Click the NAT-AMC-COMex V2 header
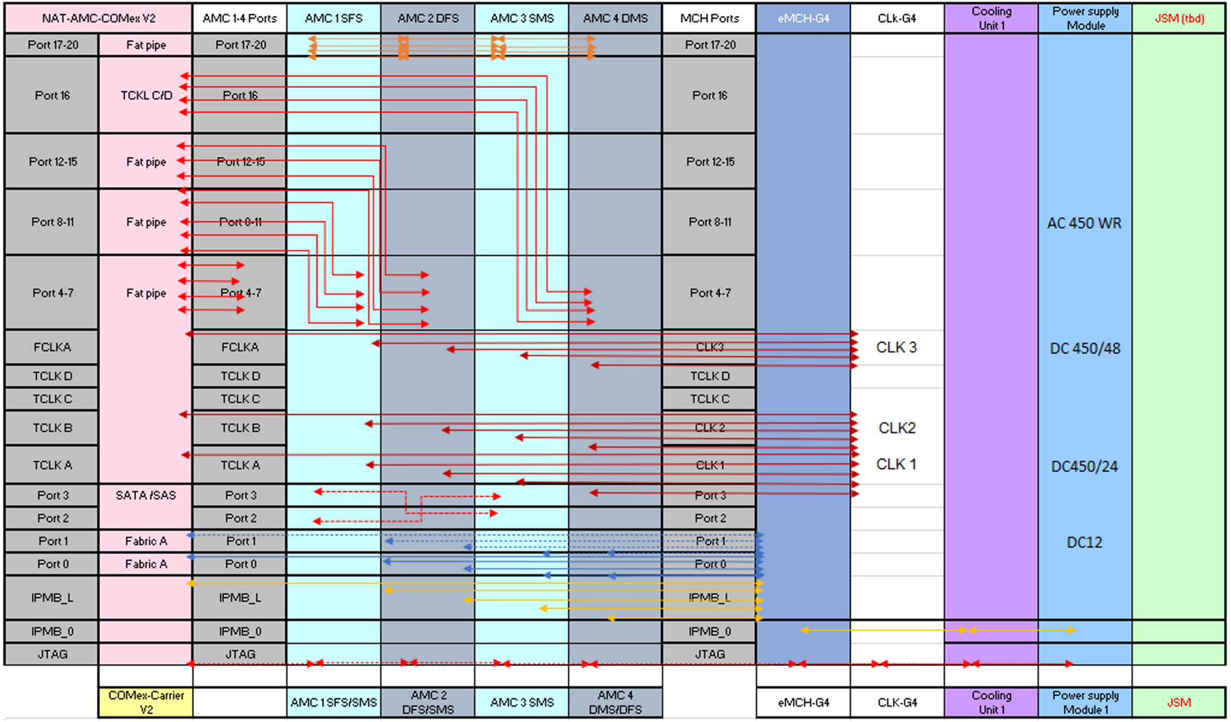tap(98, 18)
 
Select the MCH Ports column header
tap(709, 18)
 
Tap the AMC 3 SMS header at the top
tap(522, 18)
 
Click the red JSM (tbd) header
tap(1179, 18)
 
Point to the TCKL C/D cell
tap(146, 95)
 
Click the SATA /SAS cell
tap(146, 495)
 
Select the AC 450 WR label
tap(1084, 223)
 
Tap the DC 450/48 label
tap(1084, 348)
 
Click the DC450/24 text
tap(1084, 466)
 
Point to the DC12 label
tap(1084, 543)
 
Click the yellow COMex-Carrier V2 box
tap(146, 702)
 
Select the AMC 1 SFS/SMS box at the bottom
tap(334, 702)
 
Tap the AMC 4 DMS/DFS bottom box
tap(615, 702)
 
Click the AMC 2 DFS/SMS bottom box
tap(428, 702)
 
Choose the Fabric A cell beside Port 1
tap(146, 541)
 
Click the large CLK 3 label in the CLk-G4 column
tap(897, 348)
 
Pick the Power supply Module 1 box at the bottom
tap(1085, 702)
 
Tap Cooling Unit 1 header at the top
tap(991, 18)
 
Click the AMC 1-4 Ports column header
tap(239, 18)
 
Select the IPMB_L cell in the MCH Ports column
tap(709, 598)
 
